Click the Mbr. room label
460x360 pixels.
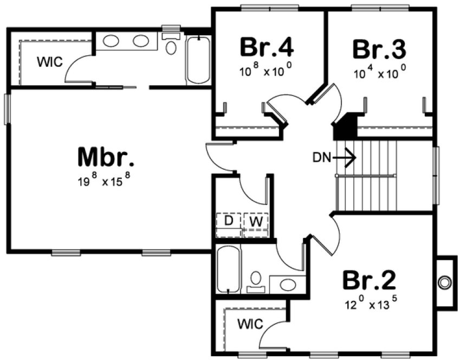point(106,157)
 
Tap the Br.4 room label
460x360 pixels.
point(267,48)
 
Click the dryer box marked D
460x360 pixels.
point(229,221)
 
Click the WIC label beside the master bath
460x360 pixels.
point(49,61)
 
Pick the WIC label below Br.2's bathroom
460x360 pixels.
point(250,324)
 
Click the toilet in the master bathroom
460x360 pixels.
point(171,47)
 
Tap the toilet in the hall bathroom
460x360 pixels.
point(255,280)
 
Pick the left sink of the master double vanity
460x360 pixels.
point(112,41)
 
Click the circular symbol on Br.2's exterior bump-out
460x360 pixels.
point(445,282)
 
